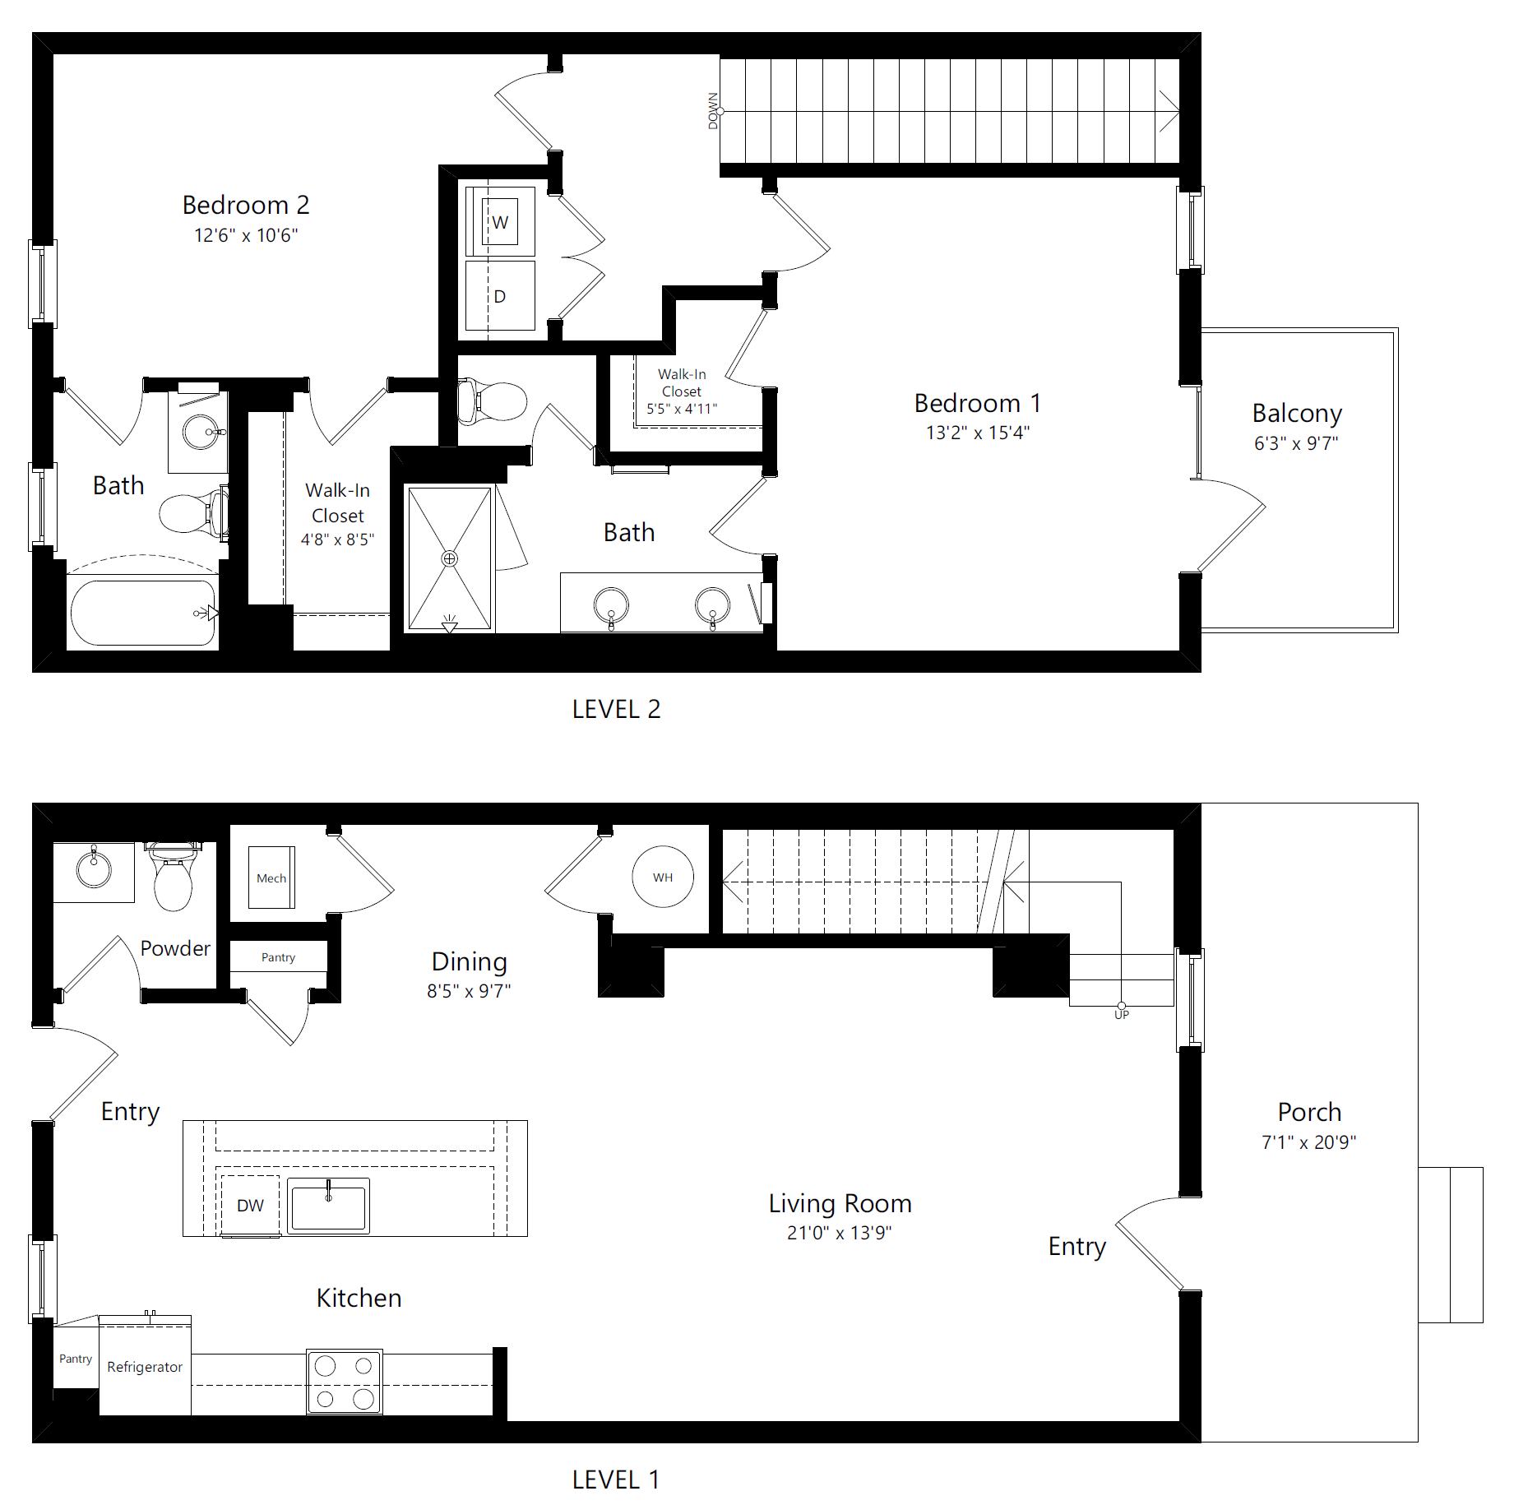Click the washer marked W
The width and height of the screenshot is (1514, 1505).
pos(500,221)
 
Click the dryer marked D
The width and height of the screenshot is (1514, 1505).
pos(500,296)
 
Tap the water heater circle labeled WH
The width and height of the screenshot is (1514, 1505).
pos(663,877)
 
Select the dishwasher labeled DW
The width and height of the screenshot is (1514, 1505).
pos(250,1205)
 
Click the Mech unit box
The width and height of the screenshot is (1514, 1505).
pos(271,878)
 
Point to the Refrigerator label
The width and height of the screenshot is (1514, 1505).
pos(145,1367)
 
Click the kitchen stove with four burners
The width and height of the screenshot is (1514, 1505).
pos(345,1382)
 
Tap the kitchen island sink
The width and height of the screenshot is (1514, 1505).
pos(330,1205)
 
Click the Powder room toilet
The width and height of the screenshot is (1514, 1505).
pos(173,877)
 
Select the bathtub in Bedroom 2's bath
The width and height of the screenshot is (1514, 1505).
pos(143,613)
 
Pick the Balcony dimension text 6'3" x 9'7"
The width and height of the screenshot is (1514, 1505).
pos(1296,443)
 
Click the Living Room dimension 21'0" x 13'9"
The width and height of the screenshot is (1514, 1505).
pos(840,1233)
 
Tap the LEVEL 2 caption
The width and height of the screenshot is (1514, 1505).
pos(617,709)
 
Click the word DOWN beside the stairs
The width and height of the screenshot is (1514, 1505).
pos(713,111)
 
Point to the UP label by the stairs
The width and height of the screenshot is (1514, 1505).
pos(1122,1015)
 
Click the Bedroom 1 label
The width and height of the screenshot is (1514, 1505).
pos(978,403)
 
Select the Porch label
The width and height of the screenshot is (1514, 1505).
pos(1309,1112)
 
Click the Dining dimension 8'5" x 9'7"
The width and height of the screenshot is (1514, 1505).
pos(469,991)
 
